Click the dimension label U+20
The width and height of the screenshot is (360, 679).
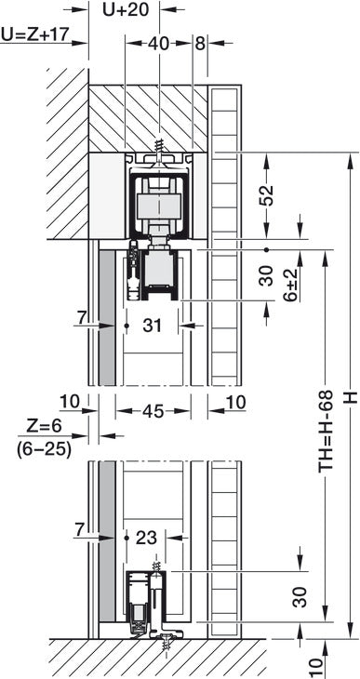click(x=126, y=11)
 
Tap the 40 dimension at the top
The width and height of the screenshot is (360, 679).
click(x=159, y=43)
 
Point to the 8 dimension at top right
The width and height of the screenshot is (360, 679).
click(x=200, y=43)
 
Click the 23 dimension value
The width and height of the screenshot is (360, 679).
click(x=145, y=537)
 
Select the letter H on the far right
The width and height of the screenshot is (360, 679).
click(x=350, y=395)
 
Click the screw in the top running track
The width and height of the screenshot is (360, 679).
click(x=160, y=146)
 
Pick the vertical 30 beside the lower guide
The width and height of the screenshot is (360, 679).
click(x=300, y=595)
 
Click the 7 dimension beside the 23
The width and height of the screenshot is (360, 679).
click(x=81, y=530)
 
